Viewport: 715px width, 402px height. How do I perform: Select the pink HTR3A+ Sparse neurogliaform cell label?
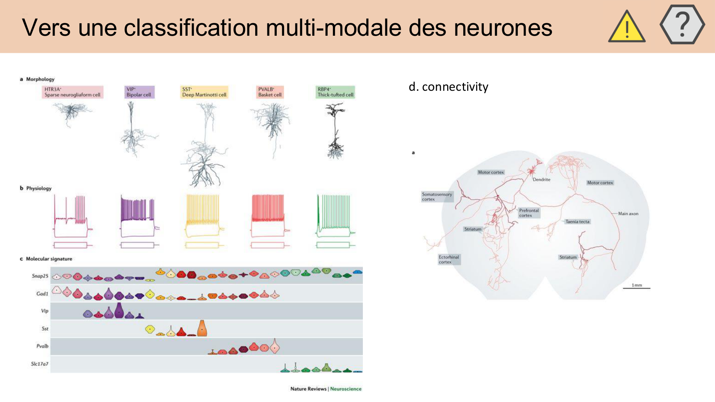(72, 92)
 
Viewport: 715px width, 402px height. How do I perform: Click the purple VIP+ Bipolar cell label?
(139, 92)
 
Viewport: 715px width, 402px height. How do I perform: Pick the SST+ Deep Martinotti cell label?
(204, 92)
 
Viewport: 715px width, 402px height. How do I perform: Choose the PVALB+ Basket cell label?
(270, 92)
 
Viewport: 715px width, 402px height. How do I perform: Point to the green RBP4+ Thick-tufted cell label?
(335, 92)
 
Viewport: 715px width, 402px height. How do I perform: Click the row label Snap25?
(40, 276)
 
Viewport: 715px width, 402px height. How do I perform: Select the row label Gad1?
(42, 294)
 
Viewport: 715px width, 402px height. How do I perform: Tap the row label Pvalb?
(42, 346)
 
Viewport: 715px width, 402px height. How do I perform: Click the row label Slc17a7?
(39, 364)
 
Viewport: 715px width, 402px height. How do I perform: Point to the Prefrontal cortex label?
(529, 213)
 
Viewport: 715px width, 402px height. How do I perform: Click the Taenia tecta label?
(577, 222)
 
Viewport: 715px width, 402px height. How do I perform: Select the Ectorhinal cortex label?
(449, 259)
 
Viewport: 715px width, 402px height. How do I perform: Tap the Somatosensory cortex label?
(437, 197)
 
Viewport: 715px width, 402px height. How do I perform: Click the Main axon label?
(628, 214)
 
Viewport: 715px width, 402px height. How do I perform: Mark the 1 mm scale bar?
(636, 288)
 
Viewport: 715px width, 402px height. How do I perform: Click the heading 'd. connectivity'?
(448, 87)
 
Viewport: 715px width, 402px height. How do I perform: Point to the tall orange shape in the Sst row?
(202, 328)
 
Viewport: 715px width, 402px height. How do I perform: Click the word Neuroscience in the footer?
(346, 389)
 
